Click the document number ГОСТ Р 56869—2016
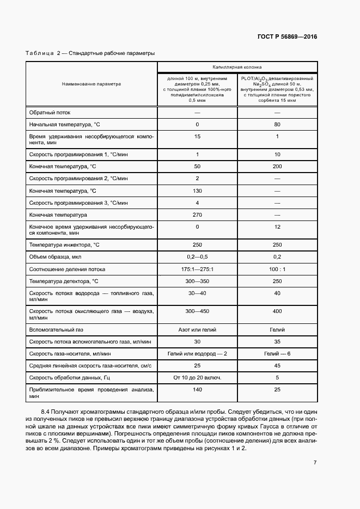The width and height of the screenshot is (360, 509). point(287,37)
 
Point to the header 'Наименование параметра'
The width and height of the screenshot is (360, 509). point(91,84)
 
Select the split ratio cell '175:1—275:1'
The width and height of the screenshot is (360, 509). point(197,269)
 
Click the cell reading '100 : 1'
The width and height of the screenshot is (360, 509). point(277,269)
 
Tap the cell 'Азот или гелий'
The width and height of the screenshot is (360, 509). point(197,330)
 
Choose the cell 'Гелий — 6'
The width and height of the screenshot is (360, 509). point(277,354)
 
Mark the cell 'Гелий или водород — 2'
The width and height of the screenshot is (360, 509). point(197,354)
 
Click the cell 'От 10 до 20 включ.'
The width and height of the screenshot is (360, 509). point(197,378)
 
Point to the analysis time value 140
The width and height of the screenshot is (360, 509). point(197,390)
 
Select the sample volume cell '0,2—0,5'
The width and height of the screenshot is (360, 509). point(197,257)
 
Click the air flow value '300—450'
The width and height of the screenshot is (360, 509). point(197,311)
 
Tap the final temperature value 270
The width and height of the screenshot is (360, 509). point(197,214)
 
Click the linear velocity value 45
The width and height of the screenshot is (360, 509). point(277,366)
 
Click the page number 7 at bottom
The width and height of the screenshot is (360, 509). point(315,462)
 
